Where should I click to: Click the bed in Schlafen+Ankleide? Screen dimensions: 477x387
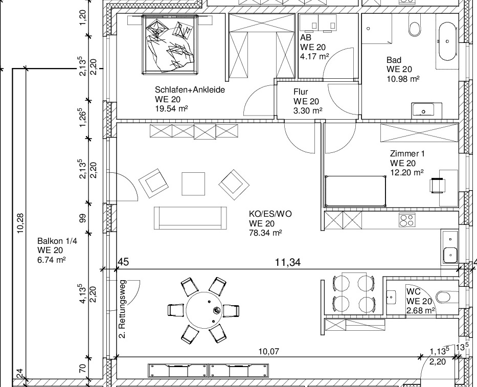tap(169, 44)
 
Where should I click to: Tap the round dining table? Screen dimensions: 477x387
tap(205, 310)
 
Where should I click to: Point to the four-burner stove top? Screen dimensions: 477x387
tap(407, 220)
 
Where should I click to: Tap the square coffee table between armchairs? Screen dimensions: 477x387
tap(193, 184)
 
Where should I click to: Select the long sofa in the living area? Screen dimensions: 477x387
tap(190, 218)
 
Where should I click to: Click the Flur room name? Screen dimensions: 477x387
tap(301, 92)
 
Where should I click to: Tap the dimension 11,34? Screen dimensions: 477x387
tap(288, 262)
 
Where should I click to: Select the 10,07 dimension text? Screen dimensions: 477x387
tap(268, 351)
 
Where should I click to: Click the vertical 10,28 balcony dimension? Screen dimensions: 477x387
tap(20, 223)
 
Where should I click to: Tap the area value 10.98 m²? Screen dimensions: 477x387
tap(403, 79)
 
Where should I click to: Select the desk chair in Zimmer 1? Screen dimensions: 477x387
tap(437, 185)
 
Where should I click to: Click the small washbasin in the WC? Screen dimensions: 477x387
tap(392, 297)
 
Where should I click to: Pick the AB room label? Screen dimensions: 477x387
tap(306, 37)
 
